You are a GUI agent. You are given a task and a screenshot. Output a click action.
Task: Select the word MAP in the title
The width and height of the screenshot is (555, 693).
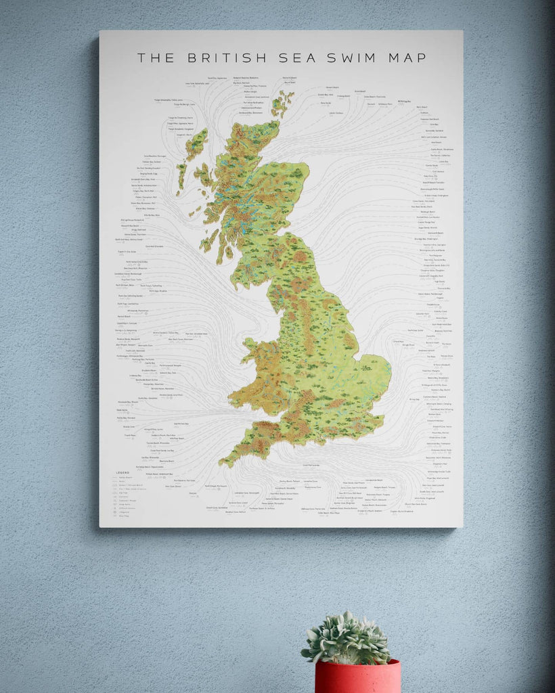point(407,58)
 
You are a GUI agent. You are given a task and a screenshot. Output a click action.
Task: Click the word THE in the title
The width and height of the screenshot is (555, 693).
point(156,58)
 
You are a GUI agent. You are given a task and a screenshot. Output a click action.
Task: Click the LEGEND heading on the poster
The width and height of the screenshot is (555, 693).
point(123,472)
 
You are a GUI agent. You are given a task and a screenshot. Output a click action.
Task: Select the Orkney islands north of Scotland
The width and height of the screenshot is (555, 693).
point(282,104)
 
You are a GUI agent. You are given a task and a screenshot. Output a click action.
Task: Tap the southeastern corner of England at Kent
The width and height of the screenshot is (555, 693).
point(380,415)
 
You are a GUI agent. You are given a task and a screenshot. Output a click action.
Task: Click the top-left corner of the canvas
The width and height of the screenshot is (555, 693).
point(100,31)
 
